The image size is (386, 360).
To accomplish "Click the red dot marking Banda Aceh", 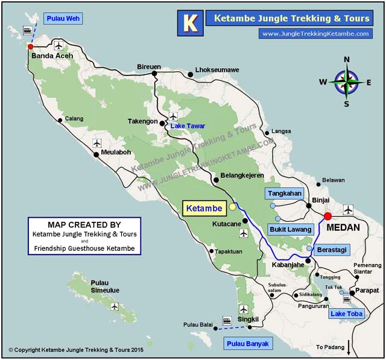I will click(x=30, y=46).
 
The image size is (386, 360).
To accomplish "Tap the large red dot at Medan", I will click(x=327, y=216).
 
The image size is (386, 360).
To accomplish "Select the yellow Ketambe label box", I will click(x=203, y=209).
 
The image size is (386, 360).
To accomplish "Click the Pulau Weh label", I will click(x=62, y=19).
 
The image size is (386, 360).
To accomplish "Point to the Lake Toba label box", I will click(x=346, y=314).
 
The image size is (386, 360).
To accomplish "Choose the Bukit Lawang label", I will click(x=289, y=229).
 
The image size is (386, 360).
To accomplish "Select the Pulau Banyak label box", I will click(x=248, y=344).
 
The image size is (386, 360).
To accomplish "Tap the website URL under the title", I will click(x=315, y=34).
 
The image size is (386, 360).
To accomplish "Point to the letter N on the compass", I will click(x=347, y=59).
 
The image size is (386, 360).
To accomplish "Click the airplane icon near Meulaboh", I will click(x=98, y=143).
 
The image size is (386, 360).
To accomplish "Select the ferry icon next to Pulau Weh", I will click(x=27, y=30).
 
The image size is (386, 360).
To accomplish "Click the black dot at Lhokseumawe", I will click(x=191, y=74).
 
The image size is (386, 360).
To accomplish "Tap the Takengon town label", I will click(x=142, y=121).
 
